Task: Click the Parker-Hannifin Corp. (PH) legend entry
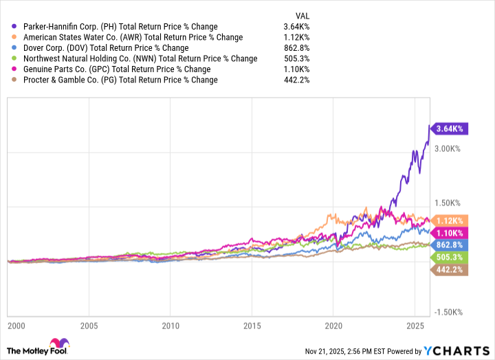pyautogui.click(x=120, y=27)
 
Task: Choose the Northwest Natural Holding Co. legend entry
pyautogui.click(x=140, y=58)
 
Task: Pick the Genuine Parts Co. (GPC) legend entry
pyautogui.click(x=116, y=69)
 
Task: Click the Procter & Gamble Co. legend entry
pyautogui.click(x=120, y=80)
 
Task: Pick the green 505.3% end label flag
pyautogui.click(x=450, y=257)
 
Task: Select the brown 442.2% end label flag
pyautogui.click(x=450, y=269)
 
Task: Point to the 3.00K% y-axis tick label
pyautogui.click(x=451, y=148)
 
